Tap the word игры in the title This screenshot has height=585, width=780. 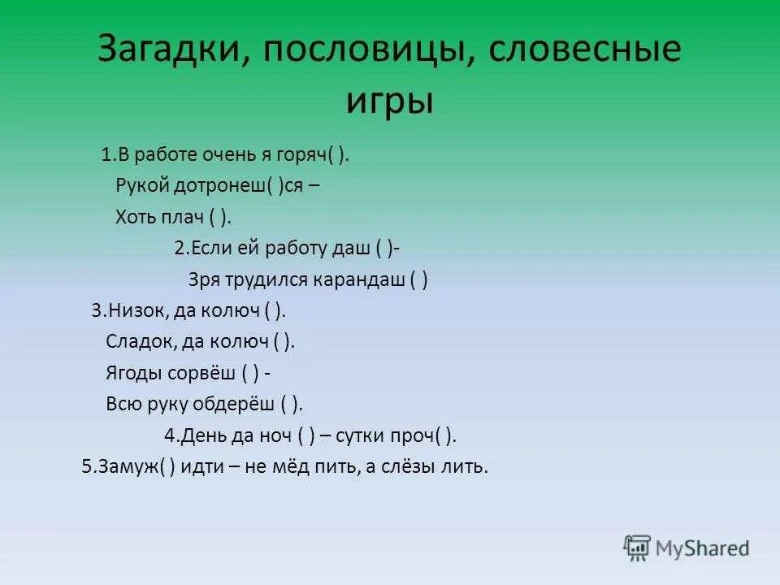[390, 101]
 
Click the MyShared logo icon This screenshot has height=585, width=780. [637, 548]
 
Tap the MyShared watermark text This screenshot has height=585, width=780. [704, 548]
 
